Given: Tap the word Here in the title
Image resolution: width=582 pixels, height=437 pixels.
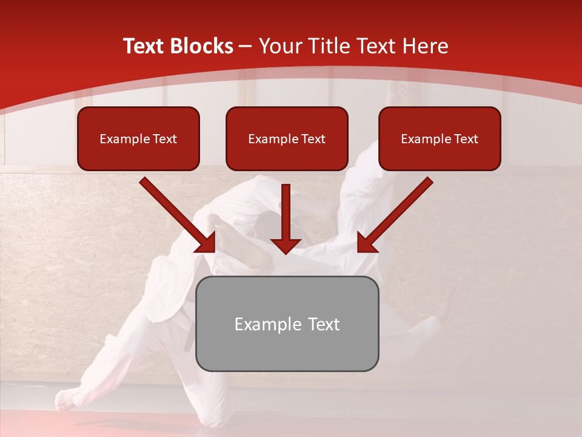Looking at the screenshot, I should [x=426, y=46].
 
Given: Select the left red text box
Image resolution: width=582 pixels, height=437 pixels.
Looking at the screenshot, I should [x=138, y=138].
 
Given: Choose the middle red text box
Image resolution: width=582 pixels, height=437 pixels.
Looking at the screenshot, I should [x=287, y=138].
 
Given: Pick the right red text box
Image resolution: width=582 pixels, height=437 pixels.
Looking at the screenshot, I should [x=440, y=138].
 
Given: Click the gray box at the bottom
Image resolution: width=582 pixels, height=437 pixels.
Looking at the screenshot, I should [x=287, y=324].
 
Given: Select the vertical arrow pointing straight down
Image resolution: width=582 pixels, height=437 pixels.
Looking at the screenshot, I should [x=286, y=218].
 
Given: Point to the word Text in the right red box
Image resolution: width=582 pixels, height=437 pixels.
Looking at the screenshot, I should [x=466, y=139].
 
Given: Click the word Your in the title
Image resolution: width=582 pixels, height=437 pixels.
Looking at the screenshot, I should [x=279, y=46].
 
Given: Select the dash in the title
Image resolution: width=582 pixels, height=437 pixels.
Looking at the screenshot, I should [x=246, y=46].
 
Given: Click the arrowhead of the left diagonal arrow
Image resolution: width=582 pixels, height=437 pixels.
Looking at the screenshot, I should [x=206, y=243].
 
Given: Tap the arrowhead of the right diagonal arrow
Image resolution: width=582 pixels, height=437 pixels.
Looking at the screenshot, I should [x=366, y=243].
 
